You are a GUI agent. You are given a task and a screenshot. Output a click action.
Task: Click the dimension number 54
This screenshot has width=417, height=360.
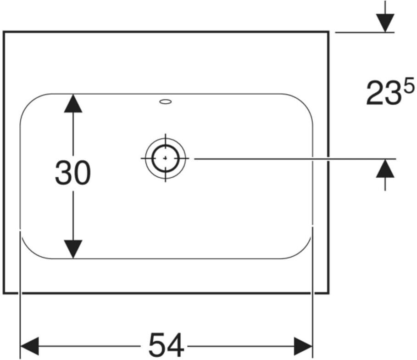pos(166,345)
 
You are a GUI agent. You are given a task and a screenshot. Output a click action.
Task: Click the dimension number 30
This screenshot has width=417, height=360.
pos(72,173)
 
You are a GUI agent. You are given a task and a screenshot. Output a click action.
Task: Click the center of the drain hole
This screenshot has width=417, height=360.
pos(166,158)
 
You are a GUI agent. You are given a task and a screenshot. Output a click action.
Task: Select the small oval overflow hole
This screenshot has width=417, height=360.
pos(166,101)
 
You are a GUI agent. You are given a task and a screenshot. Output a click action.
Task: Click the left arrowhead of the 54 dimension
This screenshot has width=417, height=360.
pos(29,346)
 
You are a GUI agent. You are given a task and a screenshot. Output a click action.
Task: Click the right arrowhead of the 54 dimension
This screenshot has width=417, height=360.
pos(303,346)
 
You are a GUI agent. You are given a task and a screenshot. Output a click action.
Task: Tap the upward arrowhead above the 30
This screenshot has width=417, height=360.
pos(73,103)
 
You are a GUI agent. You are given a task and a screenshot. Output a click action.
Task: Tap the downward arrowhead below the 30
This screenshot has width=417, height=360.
pos(73,249)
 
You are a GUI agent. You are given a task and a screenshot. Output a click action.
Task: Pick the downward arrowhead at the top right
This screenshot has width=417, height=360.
pos(385,23)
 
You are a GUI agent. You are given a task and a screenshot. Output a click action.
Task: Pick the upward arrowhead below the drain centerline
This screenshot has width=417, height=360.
pos(385,168)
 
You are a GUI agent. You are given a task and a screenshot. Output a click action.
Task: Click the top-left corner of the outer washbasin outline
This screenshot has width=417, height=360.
pos(4,32)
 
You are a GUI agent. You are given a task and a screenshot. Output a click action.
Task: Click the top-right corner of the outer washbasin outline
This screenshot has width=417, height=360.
pos(329,32)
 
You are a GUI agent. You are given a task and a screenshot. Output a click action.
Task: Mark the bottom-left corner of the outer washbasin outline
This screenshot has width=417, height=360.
pos(4,293)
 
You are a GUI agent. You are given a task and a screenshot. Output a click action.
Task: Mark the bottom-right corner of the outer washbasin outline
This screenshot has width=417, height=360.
pos(329,293)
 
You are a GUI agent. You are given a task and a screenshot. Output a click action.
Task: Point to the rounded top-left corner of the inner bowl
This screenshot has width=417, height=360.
pos(29,102)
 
